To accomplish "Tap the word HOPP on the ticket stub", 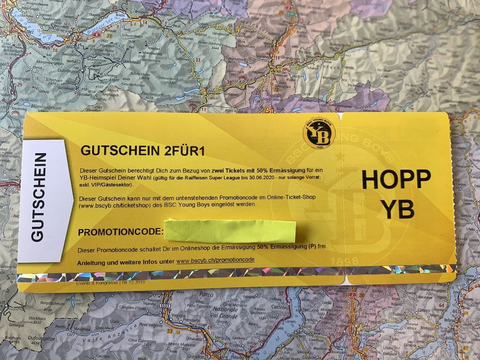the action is (396, 179).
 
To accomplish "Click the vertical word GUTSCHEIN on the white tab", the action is (40, 197).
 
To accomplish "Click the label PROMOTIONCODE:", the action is (120, 233).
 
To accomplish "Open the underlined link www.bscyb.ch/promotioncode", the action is (215, 261).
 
